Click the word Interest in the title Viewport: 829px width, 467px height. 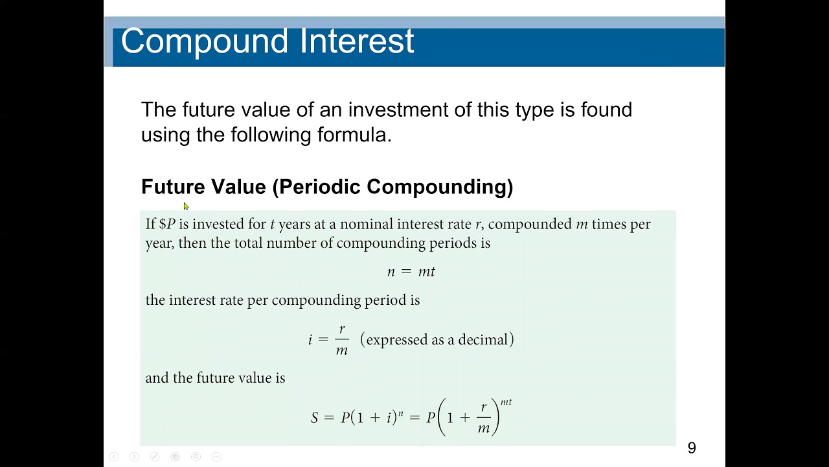coord(357,41)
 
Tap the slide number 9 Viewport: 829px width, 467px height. coord(692,448)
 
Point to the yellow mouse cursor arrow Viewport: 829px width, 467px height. coord(186,206)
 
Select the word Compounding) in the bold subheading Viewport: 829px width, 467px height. coord(440,187)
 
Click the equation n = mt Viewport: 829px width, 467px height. coord(411,272)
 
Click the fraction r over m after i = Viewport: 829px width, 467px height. coord(342,340)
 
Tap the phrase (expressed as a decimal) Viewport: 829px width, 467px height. coord(437,340)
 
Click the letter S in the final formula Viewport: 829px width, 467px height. coord(315,418)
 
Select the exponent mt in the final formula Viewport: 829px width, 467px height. coord(506,402)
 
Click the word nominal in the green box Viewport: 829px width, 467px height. coord(367,224)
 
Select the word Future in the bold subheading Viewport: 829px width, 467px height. coord(173,187)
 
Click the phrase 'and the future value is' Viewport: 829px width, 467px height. coord(215,377)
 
